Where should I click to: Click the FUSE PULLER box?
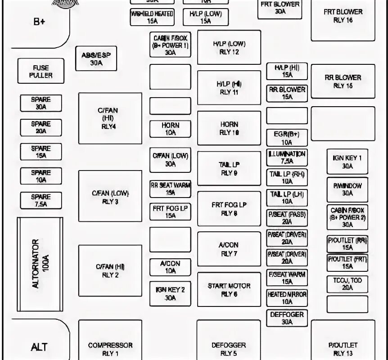[x=41, y=71]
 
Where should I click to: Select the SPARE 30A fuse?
[x=41, y=103]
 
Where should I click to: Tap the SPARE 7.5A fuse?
[x=41, y=200]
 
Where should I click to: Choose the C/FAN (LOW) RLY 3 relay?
[x=110, y=197]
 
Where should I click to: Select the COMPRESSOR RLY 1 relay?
[x=110, y=349]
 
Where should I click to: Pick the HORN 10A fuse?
[x=171, y=129]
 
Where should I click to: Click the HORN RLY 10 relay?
[x=229, y=128]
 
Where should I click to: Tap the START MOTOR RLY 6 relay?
[x=229, y=290]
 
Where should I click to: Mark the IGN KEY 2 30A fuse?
[x=171, y=293]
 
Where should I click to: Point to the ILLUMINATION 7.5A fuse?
[x=287, y=157]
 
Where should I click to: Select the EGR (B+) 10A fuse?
[x=287, y=138]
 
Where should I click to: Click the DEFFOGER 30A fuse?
[x=287, y=318]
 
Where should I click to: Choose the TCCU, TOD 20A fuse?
[x=347, y=283]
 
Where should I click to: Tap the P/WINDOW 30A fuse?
[x=347, y=189]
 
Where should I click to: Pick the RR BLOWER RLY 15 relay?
[x=343, y=81]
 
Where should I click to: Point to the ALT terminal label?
[x=39, y=347]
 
